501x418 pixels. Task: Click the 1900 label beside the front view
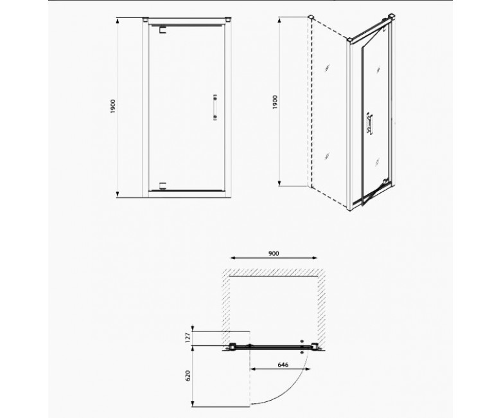112,107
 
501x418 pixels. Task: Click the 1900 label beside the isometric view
275,102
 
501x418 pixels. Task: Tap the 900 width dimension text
274,253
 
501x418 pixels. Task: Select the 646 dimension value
283,365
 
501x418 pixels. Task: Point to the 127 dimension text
188,338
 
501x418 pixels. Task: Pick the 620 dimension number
188,376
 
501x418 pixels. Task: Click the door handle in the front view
215,107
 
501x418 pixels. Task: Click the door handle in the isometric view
370,123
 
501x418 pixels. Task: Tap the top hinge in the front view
163,29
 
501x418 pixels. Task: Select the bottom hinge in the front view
163,186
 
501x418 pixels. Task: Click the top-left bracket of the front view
145,19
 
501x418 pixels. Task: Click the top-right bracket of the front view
228,19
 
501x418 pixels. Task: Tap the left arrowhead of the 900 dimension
233,258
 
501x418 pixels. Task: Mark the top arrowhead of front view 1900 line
118,21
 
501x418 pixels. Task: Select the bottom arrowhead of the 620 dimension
193,404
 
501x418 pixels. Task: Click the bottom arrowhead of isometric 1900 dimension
279,183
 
